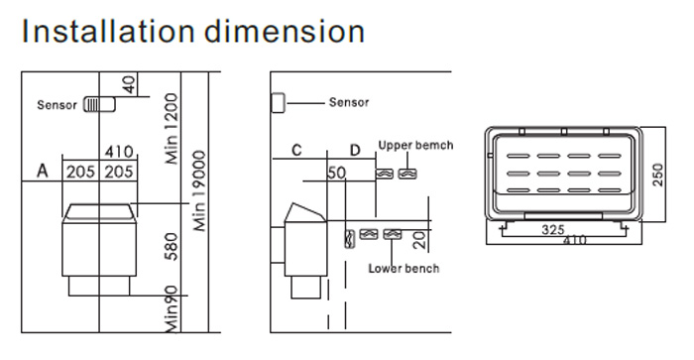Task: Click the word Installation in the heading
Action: click(x=108, y=31)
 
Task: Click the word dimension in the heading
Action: click(x=285, y=31)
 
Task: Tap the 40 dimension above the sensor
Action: click(x=129, y=84)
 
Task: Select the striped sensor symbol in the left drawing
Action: click(x=99, y=104)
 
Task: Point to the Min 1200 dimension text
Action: click(x=172, y=129)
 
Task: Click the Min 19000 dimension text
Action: click(x=199, y=190)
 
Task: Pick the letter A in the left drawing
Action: click(x=42, y=171)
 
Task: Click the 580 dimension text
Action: click(x=172, y=247)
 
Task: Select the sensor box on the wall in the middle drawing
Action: click(x=278, y=103)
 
